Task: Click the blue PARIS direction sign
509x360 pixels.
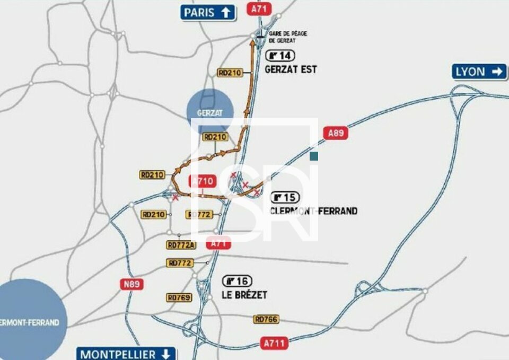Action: pos(208,12)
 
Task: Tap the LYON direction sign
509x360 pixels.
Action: pos(479,72)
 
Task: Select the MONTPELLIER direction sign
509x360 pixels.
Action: pos(126,354)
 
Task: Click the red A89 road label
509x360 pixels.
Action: pos(336,133)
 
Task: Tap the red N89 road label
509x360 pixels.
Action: pos(132,284)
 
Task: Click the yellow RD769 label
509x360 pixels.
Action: pos(179,297)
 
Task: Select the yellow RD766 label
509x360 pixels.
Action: pos(266,319)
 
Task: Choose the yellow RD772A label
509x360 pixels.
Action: pos(181,245)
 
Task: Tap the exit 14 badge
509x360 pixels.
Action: pos(280,55)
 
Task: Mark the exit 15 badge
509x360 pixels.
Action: pos(285,198)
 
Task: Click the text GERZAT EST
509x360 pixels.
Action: pos(291,69)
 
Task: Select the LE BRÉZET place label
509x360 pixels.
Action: pos(244,295)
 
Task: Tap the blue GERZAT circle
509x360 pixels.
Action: pos(210,111)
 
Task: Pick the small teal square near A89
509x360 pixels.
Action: pos(314,156)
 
